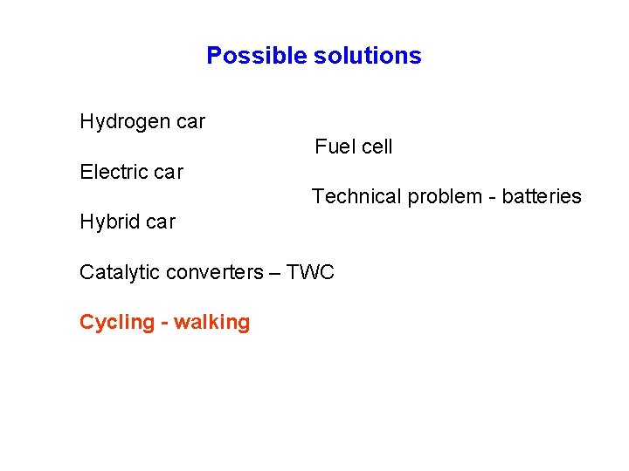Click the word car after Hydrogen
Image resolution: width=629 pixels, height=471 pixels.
190,122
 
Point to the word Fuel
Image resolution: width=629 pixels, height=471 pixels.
332,147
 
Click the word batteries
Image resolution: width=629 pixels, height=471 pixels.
542,196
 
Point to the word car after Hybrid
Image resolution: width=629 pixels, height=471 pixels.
161,222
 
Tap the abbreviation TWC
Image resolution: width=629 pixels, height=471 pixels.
310,272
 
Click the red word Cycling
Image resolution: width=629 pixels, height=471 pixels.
116,323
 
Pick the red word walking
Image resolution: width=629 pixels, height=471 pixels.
212,322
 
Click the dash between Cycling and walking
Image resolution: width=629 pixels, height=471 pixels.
164,323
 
